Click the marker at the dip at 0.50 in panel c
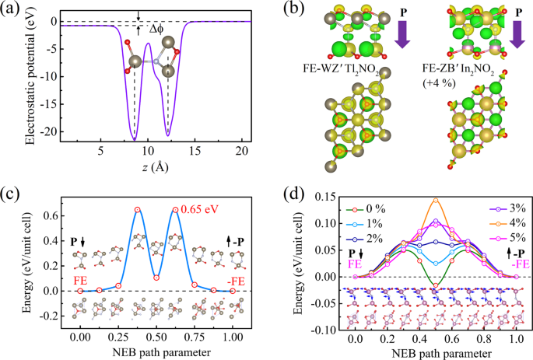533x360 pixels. (x=156, y=277)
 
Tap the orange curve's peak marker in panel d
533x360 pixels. (x=436, y=200)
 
